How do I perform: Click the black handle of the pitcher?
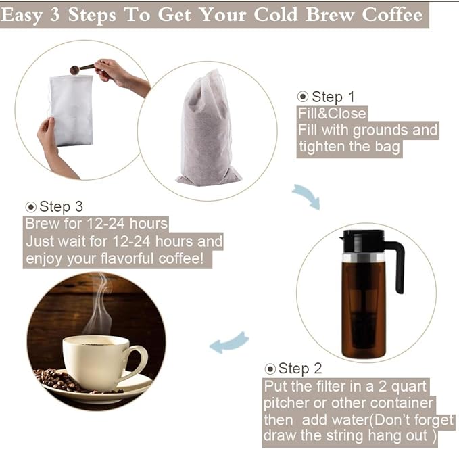click(x=395, y=266)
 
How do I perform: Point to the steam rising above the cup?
click(x=99, y=304)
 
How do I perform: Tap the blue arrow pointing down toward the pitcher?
click(x=307, y=196)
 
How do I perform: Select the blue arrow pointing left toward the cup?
click(x=229, y=342)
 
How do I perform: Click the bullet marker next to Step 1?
click(x=303, y=97)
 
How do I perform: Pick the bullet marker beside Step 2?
click(x=270, y=369)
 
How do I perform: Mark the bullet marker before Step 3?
click(x=30, y=207)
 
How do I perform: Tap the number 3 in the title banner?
click(x=55, y=15)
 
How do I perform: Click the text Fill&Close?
click(x=332, y=114)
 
